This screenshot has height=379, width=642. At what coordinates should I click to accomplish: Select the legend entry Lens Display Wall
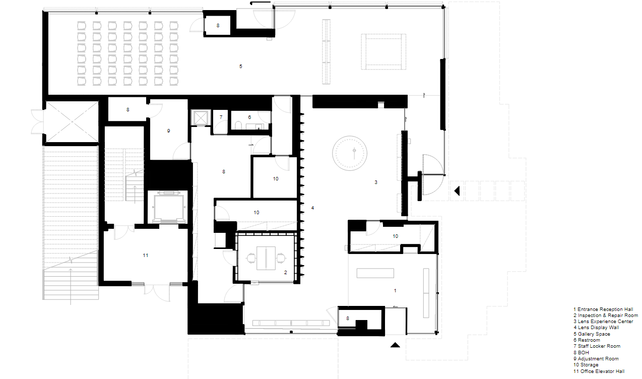click(x=596, y=328)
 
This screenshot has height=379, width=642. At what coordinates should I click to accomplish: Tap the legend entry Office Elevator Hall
click(x=599, y=371)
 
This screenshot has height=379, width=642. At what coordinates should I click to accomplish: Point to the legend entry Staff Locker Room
click(x=597, y=346)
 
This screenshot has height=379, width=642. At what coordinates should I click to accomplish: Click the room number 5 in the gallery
click(x=241, y=66)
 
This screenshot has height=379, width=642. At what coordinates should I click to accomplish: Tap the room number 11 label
click(x=146, y=255)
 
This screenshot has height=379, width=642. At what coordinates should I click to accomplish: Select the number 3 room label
click(x=376, y=182)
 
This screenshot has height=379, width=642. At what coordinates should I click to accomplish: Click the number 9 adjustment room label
click(x=168, y=131)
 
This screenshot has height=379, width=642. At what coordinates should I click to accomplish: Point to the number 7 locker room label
click(x=221, y=117)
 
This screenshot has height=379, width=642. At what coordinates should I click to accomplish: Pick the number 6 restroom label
click(x=249, y=117)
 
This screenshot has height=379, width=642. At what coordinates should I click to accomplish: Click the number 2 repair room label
click(x=285, y=272)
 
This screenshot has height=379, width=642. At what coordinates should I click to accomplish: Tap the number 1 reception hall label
click(x=395, y=291)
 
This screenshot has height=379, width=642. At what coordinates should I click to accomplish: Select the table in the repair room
click(x=266, y=258)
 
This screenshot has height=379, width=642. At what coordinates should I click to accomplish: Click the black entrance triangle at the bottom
click(x=395, y=345)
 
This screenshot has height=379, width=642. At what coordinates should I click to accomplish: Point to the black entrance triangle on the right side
click(x=458, y=191)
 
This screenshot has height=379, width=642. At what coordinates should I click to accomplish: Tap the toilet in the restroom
click(x=238, y=125)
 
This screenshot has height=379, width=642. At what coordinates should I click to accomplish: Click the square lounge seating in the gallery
click(x=383, y=51)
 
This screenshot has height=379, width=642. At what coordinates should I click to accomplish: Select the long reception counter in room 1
click(x=375, y=273)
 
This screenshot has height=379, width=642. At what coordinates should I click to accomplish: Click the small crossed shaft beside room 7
click(x=201, y=117)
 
